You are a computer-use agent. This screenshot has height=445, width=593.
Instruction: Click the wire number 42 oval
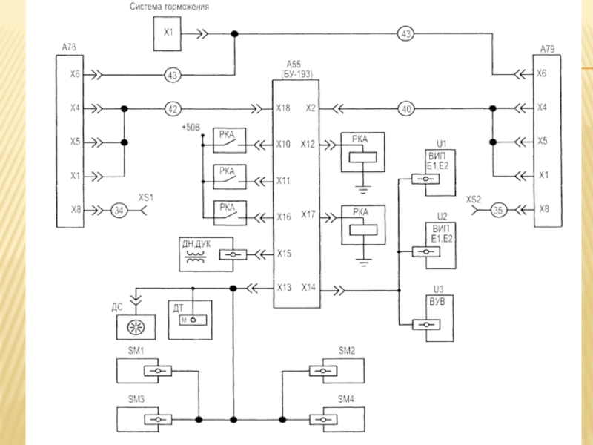point(173,109)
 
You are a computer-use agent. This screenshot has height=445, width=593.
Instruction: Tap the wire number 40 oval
point(405,109)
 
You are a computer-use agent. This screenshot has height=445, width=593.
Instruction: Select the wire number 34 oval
point(119,211)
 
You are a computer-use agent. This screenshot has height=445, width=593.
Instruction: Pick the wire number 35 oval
point(498,211)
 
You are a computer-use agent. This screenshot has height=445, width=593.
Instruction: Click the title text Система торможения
point(169,7)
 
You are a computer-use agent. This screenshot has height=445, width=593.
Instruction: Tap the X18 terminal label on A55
point(283,109)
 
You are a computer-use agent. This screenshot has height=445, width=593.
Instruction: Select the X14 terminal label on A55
point(310,288)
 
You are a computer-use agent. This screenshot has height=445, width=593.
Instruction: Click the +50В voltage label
point(191,128)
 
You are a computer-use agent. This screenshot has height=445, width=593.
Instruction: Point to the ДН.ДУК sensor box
point(207,253)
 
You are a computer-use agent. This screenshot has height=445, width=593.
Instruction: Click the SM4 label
point(346,399)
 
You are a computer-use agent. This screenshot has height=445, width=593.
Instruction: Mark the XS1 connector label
point(145,198)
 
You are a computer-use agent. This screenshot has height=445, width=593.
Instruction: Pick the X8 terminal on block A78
point(75,211)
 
